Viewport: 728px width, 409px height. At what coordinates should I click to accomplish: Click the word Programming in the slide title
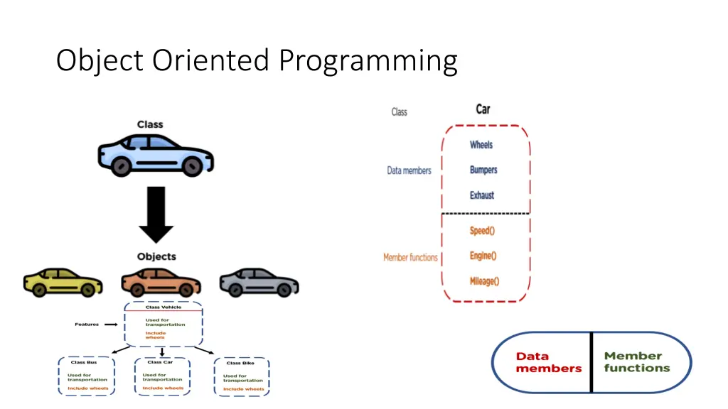[x=368, y=60]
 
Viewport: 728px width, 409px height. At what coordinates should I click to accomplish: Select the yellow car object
[x=63, y=282]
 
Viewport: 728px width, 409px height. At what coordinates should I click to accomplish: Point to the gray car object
[x=259, y=282]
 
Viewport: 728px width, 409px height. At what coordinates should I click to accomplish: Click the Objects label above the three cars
[x=156, y=256]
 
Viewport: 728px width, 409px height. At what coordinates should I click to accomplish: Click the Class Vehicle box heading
[x=164, y=307]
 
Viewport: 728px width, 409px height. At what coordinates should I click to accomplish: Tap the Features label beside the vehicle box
[x=87, y=325]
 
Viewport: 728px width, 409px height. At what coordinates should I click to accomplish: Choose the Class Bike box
[x=242, y=376]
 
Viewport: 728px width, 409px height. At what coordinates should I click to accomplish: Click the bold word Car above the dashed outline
[x=483, y=109]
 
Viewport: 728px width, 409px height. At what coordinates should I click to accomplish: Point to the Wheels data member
[x=481, y=145]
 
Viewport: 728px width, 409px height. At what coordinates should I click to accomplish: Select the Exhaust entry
[x=481, y=195]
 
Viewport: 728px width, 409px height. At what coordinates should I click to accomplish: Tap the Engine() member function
[x=483, y=256]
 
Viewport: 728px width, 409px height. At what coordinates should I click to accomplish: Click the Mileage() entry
[x=484, y=281]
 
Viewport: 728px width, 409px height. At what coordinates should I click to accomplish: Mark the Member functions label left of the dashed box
[x=410, y=257]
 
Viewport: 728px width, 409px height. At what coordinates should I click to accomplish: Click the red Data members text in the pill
[x=548, y=362]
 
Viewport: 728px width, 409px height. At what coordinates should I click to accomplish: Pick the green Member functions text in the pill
[x=637, y=362]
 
